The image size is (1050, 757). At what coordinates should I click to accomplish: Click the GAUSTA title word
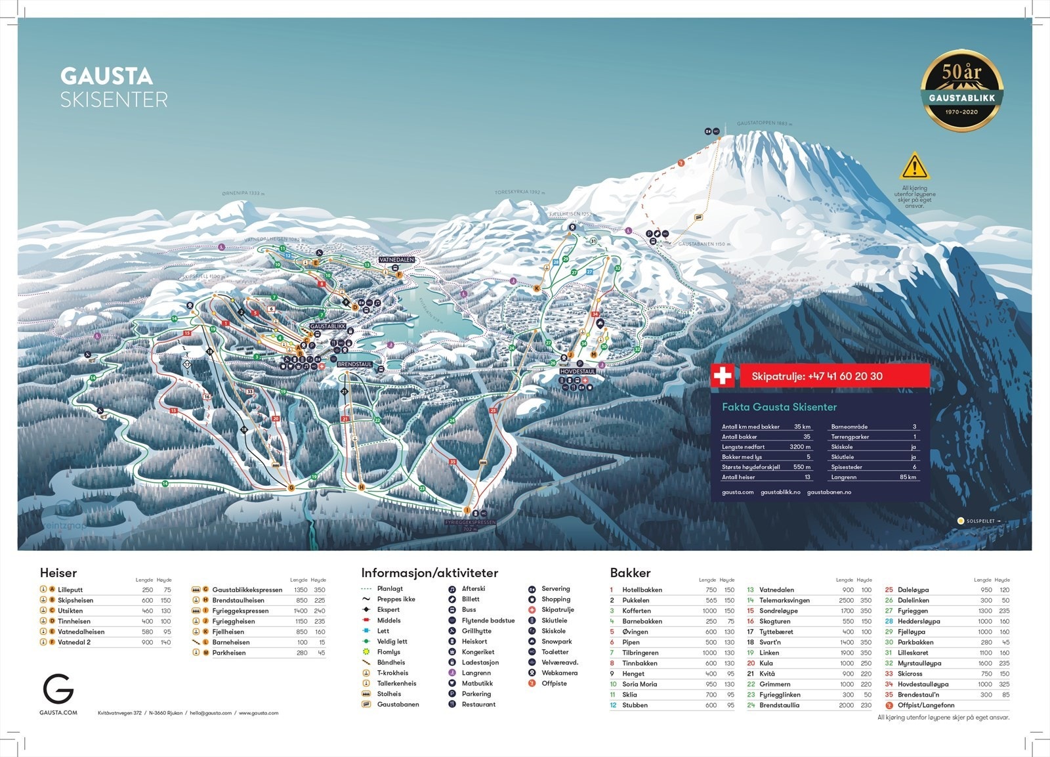click(x=106, y=76)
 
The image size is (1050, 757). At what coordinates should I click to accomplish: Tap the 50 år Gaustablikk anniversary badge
click(x=961, y=91)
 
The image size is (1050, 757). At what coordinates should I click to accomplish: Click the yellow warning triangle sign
click(x=914, y=167)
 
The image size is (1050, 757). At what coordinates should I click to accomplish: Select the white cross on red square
click(x=723, y=376)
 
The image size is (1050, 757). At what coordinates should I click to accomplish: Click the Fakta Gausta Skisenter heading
click(x=779, y=407)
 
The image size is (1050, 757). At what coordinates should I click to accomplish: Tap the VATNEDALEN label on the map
click(x=396, y=260)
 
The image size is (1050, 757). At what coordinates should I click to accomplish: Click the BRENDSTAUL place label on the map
click(x=355, y=364)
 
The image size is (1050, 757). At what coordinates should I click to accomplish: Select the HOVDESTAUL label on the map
click(x=577, y=372)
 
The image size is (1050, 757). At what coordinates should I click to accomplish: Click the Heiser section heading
click(x=58, y=573)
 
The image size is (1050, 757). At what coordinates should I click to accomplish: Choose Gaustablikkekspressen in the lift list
click(x=247, y=590)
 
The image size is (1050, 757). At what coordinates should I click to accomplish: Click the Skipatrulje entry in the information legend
click(x=557, y=609)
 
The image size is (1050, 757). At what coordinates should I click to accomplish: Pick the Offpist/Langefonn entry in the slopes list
click(x=926, y=705)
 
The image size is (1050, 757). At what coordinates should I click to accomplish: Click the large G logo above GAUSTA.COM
click(x=58, y=689)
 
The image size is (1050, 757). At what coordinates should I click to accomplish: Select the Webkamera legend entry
click(x=559, y=672)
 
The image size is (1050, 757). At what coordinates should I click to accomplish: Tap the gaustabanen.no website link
click(x=829, y=492)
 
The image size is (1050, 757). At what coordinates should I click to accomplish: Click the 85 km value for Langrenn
click(x=908, y=477)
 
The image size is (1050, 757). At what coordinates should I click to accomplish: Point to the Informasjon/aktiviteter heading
click(x=429, y=573)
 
